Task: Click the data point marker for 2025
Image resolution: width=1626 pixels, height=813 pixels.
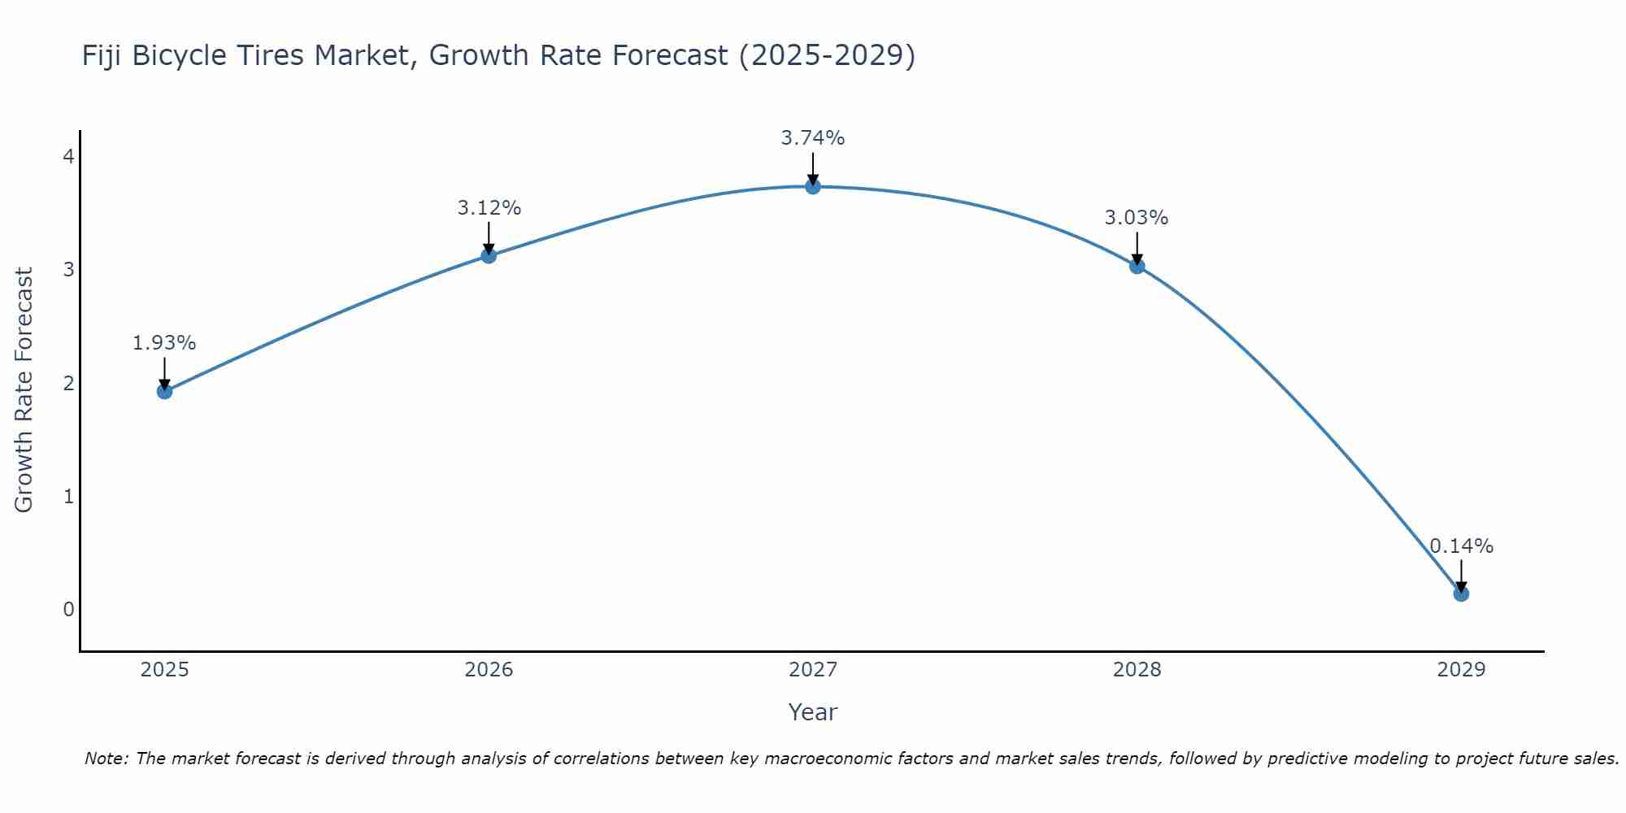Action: point(164,391)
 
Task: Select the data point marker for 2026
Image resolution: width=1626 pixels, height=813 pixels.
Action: point(489,256)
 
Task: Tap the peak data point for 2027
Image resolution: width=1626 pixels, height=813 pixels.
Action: point(813,187)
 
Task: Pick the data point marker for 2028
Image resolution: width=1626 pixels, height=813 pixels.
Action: point(1137,266)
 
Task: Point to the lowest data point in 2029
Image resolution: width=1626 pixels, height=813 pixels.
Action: point(1461,593)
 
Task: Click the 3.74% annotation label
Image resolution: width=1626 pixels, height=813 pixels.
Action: point(813,138)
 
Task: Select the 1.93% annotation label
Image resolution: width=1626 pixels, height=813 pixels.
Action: point(164,343)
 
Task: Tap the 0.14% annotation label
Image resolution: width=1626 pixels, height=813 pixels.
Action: point(1461,546)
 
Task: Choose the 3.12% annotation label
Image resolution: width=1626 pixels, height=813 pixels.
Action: point(489,208)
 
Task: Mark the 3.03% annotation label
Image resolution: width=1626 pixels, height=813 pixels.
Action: point(1137,218)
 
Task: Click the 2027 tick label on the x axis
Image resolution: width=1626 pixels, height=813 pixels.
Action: point(813,670)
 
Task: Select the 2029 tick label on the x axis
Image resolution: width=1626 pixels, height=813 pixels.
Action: point(1461,670)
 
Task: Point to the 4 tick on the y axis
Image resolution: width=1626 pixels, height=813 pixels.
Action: point(68,156)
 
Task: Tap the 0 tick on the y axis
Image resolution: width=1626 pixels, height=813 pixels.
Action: point(68,609)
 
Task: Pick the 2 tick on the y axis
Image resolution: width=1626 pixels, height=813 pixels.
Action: point(68,383)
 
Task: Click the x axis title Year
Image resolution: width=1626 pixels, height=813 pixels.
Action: point(813,712)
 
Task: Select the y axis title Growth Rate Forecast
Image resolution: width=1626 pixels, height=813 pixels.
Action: point(24,390)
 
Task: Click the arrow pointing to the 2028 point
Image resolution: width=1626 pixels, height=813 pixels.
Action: point(1137,249)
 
